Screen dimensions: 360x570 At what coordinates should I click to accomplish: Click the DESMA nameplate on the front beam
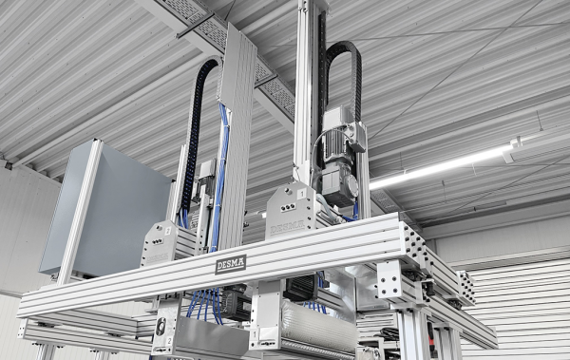(230, 263)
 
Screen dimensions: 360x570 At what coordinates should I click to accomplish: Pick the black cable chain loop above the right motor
(344, 71)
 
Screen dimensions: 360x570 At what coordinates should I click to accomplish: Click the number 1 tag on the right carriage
(302, 195)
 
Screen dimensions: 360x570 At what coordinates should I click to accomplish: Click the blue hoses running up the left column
(221, 171)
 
